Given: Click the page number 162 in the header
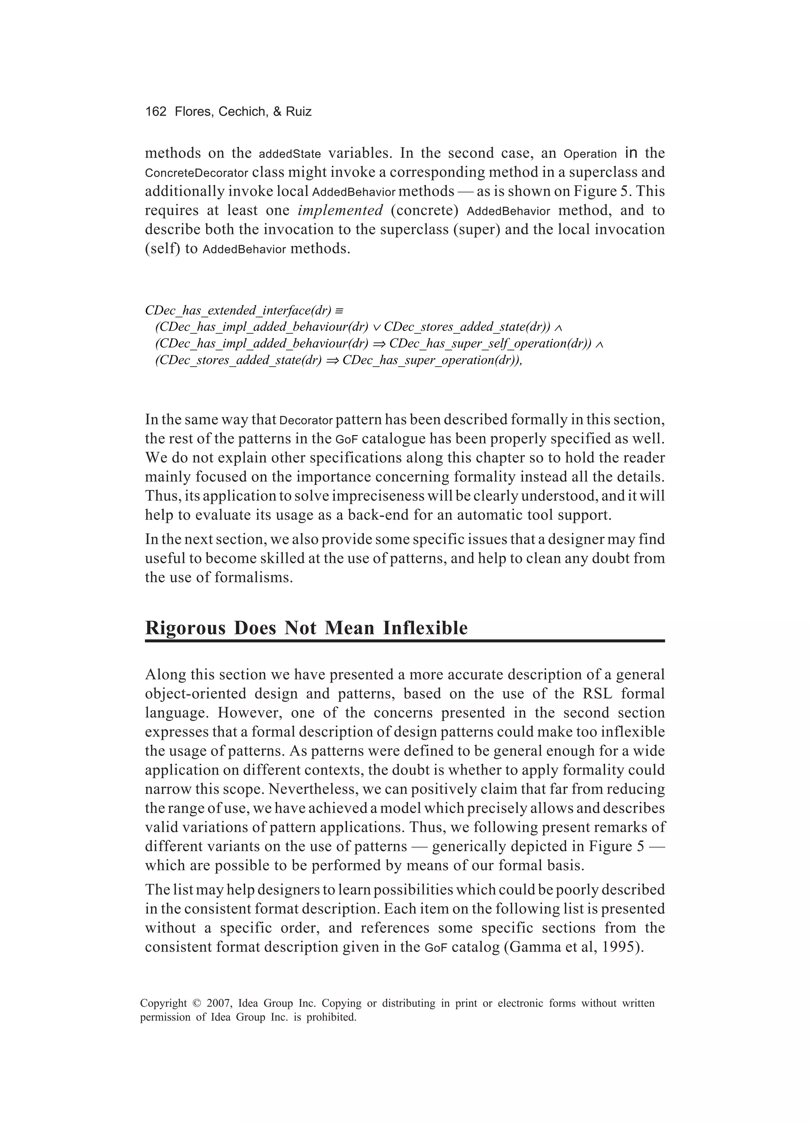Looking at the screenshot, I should click(156, 112).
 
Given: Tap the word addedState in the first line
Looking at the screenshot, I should click(290, 154).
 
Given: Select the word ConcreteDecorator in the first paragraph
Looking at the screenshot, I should click(197, 173).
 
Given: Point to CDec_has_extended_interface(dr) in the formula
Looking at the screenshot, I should click(238, 310).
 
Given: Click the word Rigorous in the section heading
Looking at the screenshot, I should click(185, 628).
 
